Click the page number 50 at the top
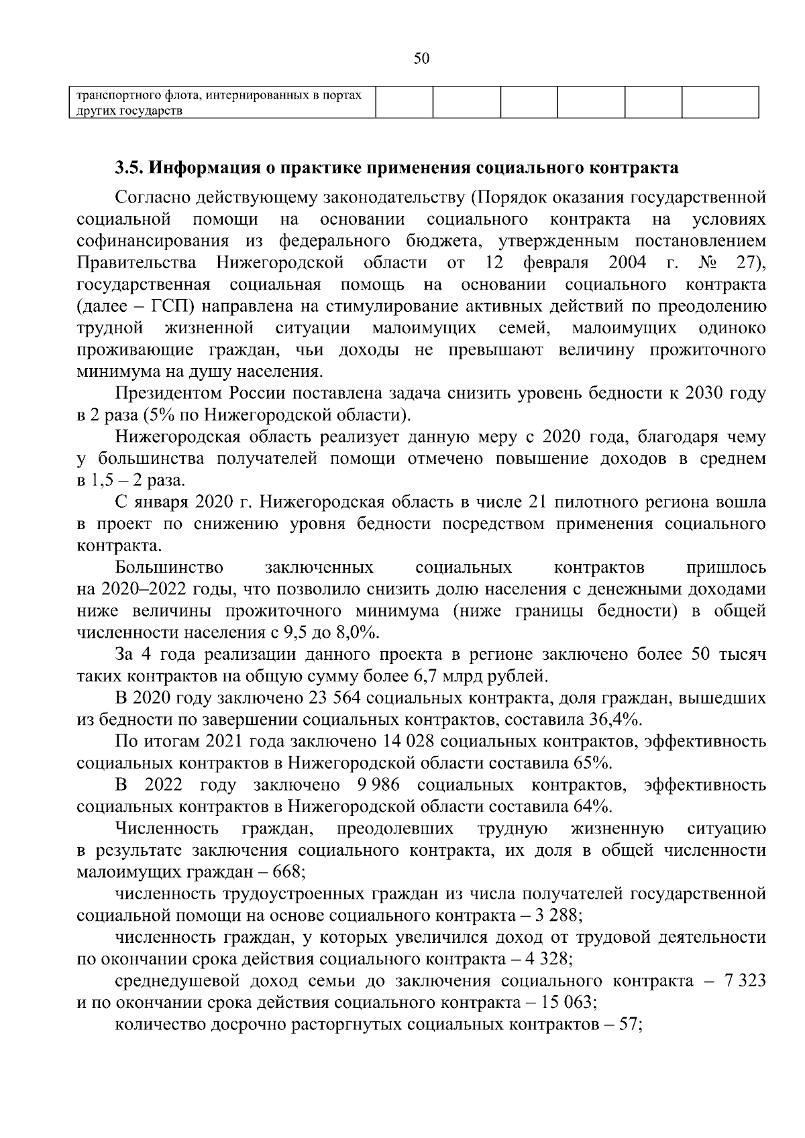click(x=421, y=58)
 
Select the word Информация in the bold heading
click(x=201, y=168)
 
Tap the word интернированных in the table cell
click(x=260, y=95)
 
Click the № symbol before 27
click(x=706, y=262)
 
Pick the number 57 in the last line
click(x=629, y=1025)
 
